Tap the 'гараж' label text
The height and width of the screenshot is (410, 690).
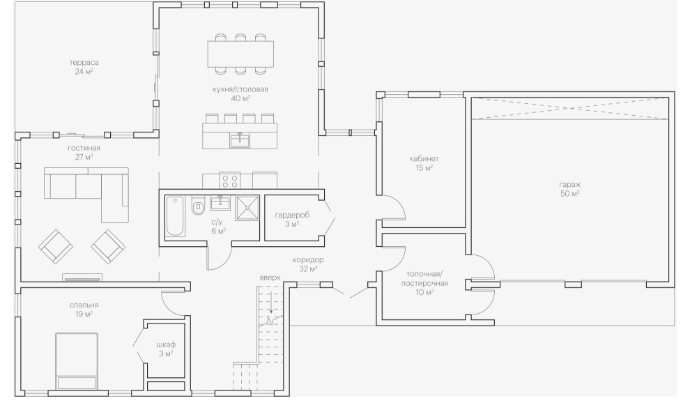tap(569, 184)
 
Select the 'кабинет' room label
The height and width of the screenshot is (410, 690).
tap(424, 159)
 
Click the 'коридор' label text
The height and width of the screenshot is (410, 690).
tap(308, 259)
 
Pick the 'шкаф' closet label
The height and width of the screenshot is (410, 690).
tap(165, 344)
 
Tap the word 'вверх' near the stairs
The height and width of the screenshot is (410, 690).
tap(270, 278)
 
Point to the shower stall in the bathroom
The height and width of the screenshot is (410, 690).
tap(247, 208)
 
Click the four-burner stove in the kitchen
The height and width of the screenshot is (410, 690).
tap(230, 181)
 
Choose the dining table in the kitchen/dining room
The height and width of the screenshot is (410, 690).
tap(240, 53)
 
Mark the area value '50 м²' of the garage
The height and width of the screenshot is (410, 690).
tap(569, 193)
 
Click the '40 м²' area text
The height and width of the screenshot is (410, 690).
tap(241, 99)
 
